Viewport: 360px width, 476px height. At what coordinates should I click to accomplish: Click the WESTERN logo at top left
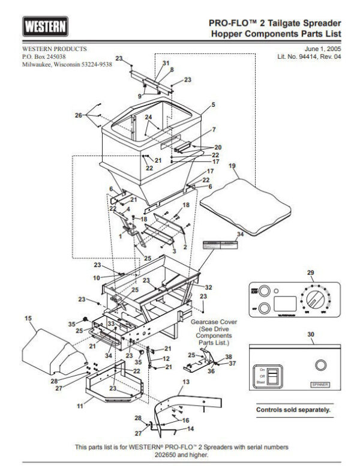click(x=46, y=27)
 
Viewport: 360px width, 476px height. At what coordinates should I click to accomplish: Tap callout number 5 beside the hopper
click(x=212, y=104)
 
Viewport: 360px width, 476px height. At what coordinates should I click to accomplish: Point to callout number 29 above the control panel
click(x=310, y=273)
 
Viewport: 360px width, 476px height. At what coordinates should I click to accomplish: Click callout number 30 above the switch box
click(x=310, y=334)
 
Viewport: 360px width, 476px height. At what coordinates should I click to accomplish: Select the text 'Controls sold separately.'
click(x=293, y=411)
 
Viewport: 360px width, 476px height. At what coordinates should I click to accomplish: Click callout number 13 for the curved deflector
click(x=185, y=382)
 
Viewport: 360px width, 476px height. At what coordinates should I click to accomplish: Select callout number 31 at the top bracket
click(x=166, y=63)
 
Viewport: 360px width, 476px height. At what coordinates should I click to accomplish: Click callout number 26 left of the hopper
click(x=78, y=115)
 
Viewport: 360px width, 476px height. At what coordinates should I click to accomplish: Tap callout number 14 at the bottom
click(x=191, y=429)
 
